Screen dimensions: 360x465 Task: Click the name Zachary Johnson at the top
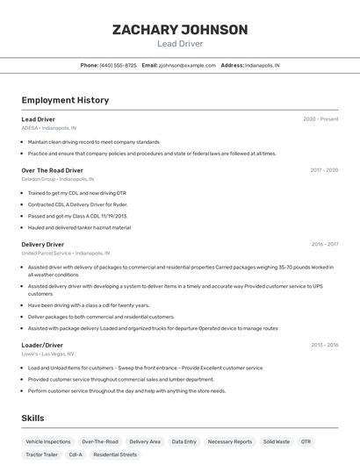[180, 30]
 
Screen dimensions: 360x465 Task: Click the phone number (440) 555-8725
[118, 65]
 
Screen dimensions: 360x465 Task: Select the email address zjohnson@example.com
[187, 65]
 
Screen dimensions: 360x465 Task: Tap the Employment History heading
[65, 100]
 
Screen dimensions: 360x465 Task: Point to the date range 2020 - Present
[320, 119]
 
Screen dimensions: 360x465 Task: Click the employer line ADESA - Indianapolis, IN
[49, 128]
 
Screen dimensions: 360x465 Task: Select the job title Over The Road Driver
[53, 170]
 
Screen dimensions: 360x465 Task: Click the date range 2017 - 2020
[324, 170]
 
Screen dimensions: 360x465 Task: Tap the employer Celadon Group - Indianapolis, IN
[63, 179]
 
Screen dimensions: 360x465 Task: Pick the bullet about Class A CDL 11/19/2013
[77, 216]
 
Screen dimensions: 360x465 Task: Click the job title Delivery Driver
[43, 245]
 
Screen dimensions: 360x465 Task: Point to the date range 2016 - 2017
[324, 245]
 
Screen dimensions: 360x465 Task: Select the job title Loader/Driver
[42, 345]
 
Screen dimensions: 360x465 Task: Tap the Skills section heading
[32, 418]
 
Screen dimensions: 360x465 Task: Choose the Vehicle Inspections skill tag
[48, 442]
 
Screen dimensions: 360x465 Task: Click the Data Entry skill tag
[184, 442]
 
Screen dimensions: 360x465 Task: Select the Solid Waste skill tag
[276, 442]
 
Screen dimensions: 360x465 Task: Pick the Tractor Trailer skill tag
[41, 455]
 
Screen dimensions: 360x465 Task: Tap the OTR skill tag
[306, 442]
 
